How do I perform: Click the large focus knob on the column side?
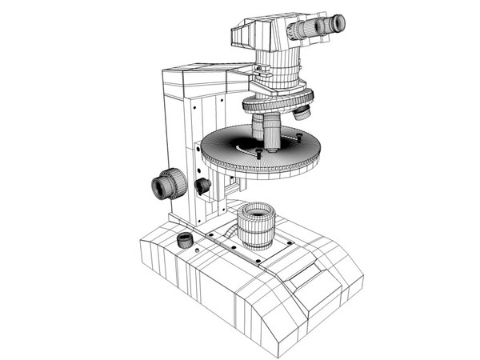click(166, 186)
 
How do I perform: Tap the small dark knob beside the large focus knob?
click(203, 186)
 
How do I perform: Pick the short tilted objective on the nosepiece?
click(302, 111)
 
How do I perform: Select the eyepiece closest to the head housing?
click(302, 30)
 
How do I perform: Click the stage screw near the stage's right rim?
click(299, 137)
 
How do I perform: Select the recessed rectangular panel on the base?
click(308, 275)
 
